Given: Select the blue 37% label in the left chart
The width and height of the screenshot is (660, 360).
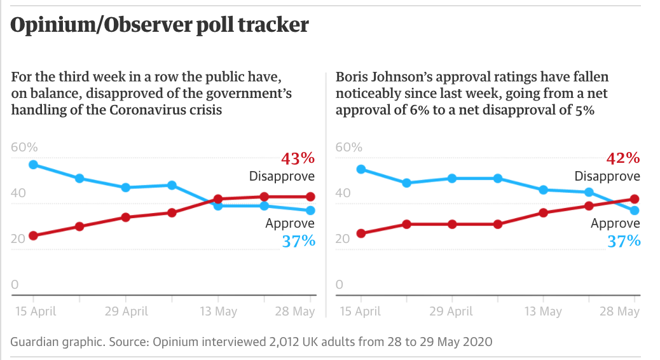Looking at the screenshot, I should point(298,241).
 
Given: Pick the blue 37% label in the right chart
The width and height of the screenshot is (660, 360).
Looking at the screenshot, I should point(624,241).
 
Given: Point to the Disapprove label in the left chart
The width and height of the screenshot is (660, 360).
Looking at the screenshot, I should point(282,176).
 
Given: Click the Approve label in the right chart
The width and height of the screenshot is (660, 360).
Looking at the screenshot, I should point(615,224).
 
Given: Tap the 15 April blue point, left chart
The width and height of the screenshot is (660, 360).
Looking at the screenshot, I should point(33,165).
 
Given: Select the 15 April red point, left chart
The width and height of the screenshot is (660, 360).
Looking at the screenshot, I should point(33,236).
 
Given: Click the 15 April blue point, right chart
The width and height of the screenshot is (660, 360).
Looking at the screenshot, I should point(361,169).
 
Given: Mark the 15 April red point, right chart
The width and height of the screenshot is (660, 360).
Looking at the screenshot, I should point(361,233).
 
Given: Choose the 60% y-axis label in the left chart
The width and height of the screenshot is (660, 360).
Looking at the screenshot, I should point(25,148).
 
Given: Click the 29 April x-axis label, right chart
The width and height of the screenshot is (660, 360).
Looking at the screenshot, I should point(451,312).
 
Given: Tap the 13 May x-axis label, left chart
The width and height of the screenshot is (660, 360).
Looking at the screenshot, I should point(217,312).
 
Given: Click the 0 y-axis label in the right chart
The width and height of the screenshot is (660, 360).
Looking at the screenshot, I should point(339,285).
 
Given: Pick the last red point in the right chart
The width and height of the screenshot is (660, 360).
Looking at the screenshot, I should point(634,199).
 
